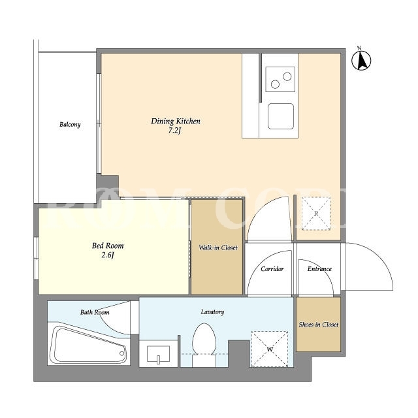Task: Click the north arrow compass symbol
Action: tap(361, 60)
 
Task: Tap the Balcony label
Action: tap(70, 125)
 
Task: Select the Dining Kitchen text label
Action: tap(176, 121)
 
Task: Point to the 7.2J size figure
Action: tap(175, 131)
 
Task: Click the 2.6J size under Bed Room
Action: tap(108, 255)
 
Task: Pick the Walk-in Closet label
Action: tap(218, 248)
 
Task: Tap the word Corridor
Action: tap(272, 269)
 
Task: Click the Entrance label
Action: tap(319, 269)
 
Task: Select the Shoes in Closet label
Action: tap(319, 325)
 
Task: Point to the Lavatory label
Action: tap(212, 312)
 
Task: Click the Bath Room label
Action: tap(95, 312)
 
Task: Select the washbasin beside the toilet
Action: tap(158, 354)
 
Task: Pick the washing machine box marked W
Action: tap(270, 349)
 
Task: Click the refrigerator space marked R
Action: tap(316, 214)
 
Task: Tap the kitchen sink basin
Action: tap(281, 116)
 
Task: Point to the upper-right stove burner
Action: tap(287, 76)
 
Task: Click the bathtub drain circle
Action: tap(122, 353)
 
